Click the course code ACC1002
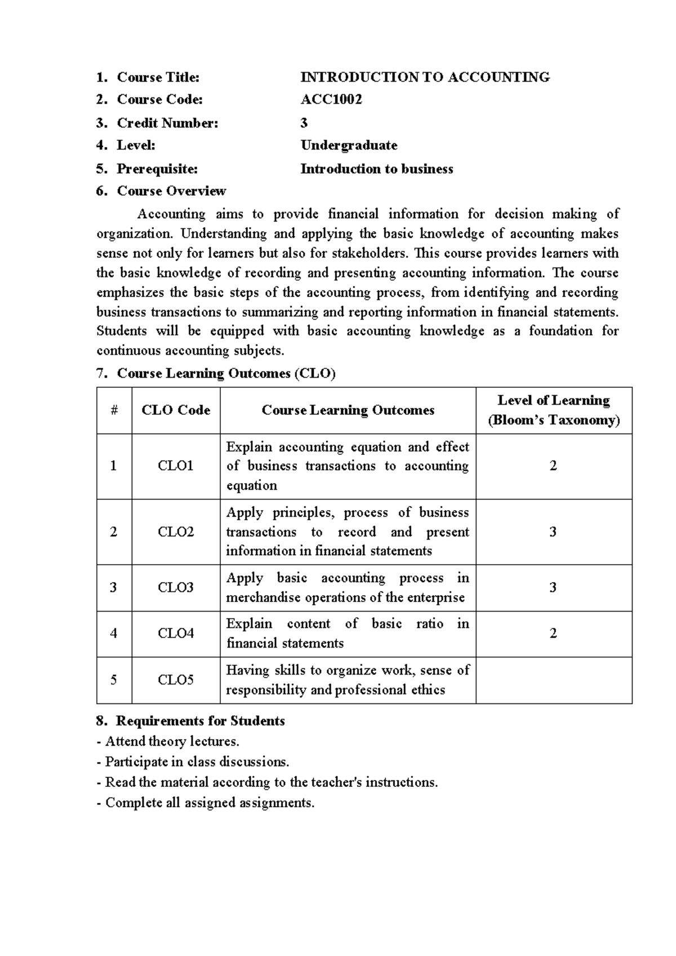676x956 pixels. point(331,100)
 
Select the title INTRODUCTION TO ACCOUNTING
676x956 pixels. point(425,77)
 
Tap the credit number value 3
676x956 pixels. point(304,123)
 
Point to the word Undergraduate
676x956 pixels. point(349,145)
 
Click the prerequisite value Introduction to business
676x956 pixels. point(376,169)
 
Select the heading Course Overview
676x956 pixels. point(171,191)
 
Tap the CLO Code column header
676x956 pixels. point(176,410)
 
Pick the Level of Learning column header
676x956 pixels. point(553,410)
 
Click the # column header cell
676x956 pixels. point(114,410)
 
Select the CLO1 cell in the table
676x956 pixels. point(176,466)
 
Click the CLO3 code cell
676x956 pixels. point(176,587)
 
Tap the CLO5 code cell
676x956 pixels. point(176,680)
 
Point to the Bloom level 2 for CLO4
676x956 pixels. point(553,634)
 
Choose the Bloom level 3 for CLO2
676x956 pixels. point(553,532)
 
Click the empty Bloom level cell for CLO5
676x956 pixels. point(553,680)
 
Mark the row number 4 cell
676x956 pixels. point(114,634)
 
